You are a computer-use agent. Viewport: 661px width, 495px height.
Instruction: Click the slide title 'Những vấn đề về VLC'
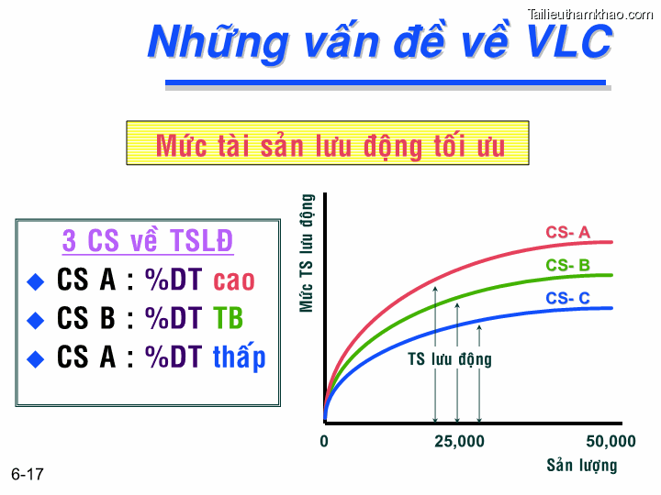tap(380, 42)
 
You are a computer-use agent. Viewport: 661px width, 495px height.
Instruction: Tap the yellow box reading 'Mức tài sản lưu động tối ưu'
tap(328, 144)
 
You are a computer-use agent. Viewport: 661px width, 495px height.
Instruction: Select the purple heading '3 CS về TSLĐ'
tap(147, 241)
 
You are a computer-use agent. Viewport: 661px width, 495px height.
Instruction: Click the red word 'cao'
tap(234, 280)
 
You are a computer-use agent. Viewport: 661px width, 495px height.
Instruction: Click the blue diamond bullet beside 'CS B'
tap(36, 320)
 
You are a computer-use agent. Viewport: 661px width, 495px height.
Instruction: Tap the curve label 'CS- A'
tap(567, 233)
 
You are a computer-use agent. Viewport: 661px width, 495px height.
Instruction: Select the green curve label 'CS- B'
tap(567, 266)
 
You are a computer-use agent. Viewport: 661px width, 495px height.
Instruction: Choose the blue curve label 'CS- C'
tap(567, 298)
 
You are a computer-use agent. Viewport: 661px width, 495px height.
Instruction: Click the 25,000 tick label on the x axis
tap(459, 442)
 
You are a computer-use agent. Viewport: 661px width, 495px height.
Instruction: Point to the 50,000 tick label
tap(610, 442)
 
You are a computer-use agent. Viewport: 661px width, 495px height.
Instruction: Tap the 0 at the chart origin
tap(324, 442)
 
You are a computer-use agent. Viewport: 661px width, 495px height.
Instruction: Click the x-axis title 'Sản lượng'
tap(582, 465)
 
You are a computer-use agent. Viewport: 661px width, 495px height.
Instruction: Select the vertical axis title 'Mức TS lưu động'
tap(308, 253)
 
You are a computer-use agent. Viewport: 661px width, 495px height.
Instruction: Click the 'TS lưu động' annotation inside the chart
tap(450, 359)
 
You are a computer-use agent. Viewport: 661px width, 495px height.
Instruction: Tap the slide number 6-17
tap(28, 474)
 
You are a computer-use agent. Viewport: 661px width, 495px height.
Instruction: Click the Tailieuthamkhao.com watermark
tap(590, 13)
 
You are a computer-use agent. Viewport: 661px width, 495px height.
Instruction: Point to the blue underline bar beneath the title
tap(386, 83)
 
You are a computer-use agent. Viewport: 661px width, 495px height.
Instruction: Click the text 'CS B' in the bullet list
tap(86, 318)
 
